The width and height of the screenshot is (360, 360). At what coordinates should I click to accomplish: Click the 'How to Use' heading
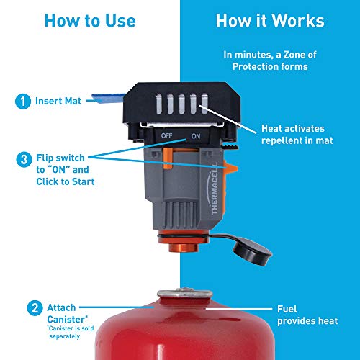click(89, 21)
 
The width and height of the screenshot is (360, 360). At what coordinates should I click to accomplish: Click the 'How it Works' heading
click(269, 21)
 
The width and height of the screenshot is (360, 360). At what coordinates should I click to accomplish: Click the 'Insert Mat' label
click(58, 102)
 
